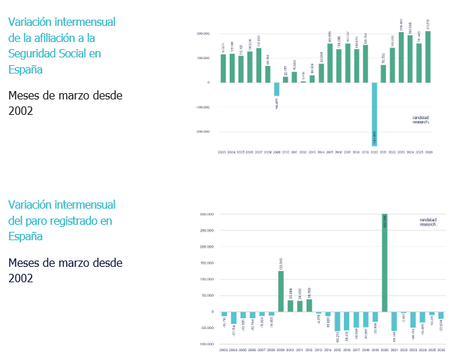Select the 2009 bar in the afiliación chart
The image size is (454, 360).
[277, 89]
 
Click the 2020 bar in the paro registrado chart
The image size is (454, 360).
[385, 263]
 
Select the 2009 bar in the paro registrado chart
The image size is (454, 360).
[281, 291]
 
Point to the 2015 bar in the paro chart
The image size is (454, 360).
[337, 321]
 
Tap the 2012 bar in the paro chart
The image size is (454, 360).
[309, 305]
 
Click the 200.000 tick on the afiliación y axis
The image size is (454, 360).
[204, 34]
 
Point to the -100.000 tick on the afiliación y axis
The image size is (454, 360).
[202, 107]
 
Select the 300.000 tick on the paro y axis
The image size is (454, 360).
[205, 214]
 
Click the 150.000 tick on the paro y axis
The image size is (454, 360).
[205, 263]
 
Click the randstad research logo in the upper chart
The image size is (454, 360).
[421, 120]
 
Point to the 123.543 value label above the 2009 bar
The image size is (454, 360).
[281, 264]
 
